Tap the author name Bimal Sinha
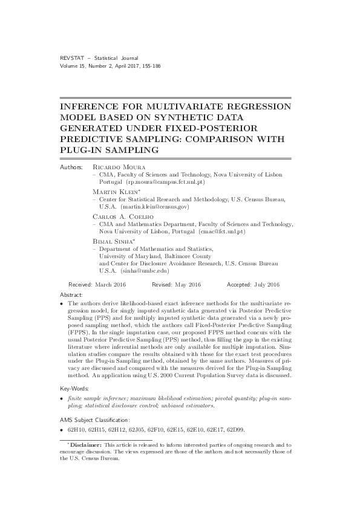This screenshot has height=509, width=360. (113, 241)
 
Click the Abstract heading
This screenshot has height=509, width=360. (73, 293)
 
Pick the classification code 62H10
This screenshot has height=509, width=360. (77, 429)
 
